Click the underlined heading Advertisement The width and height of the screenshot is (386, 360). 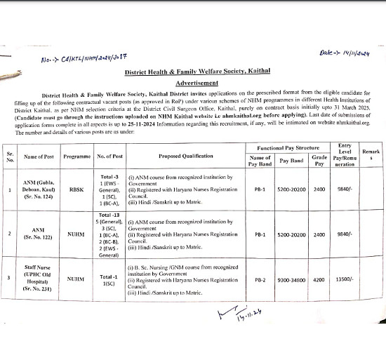[192, 82]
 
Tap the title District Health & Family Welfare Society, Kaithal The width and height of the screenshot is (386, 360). [192, 72]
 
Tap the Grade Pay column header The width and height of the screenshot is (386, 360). [319, 161]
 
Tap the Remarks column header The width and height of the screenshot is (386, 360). [371, 156]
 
